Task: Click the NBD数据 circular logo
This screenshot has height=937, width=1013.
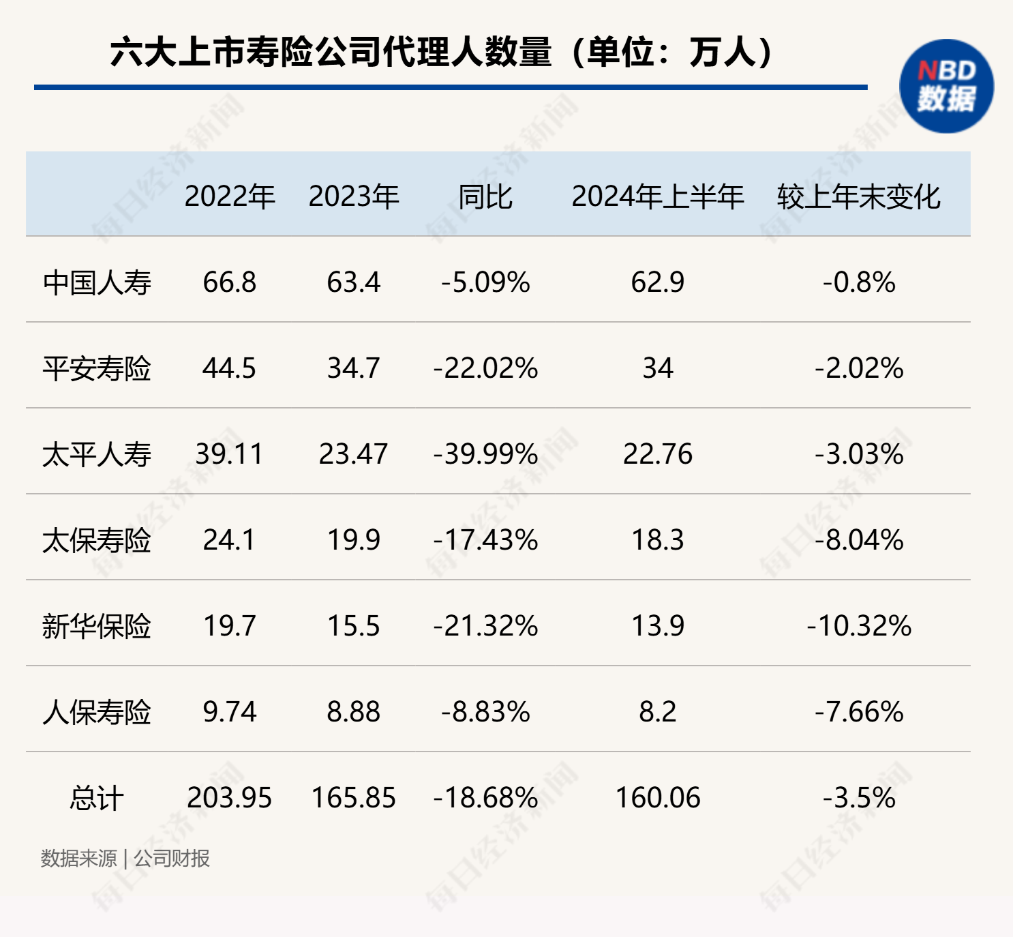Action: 946,86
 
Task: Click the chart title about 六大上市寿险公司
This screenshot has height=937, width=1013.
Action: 442,53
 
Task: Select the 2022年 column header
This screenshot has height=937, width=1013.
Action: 230,196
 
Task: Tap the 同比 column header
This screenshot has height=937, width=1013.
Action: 485,196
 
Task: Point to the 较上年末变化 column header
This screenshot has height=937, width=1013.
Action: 858,196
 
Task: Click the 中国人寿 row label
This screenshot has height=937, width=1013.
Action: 97,282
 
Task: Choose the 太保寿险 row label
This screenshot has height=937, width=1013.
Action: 97,540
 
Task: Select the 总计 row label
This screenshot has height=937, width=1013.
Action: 97,798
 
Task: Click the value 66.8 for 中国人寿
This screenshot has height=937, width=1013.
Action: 230,282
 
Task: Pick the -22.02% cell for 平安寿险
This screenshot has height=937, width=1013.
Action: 485,368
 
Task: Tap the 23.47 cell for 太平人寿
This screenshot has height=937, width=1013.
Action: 353,454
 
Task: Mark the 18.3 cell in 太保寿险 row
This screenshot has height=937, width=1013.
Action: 657,540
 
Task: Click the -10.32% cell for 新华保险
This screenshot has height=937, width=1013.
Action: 858,626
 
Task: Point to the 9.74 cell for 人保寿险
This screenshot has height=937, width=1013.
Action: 230,712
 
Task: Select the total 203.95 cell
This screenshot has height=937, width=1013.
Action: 230,798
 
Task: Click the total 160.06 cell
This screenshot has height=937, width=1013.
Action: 657,798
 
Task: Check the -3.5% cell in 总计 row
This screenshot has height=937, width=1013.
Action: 858,798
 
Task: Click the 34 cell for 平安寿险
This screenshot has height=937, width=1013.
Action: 657,368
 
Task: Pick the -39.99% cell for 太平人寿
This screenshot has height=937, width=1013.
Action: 485,454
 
